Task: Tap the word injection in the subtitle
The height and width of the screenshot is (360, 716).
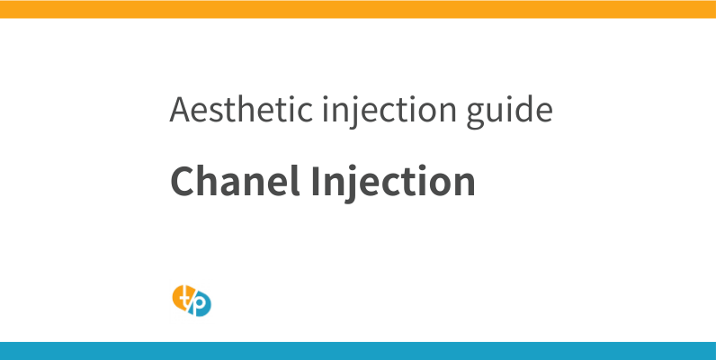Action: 360,111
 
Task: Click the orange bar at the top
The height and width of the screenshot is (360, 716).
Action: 358,9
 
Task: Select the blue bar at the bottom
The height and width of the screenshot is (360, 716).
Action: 358,351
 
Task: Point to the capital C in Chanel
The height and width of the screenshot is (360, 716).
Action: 182,182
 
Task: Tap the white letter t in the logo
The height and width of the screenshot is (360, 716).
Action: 183,294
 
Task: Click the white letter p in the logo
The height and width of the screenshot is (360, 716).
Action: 201,306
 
